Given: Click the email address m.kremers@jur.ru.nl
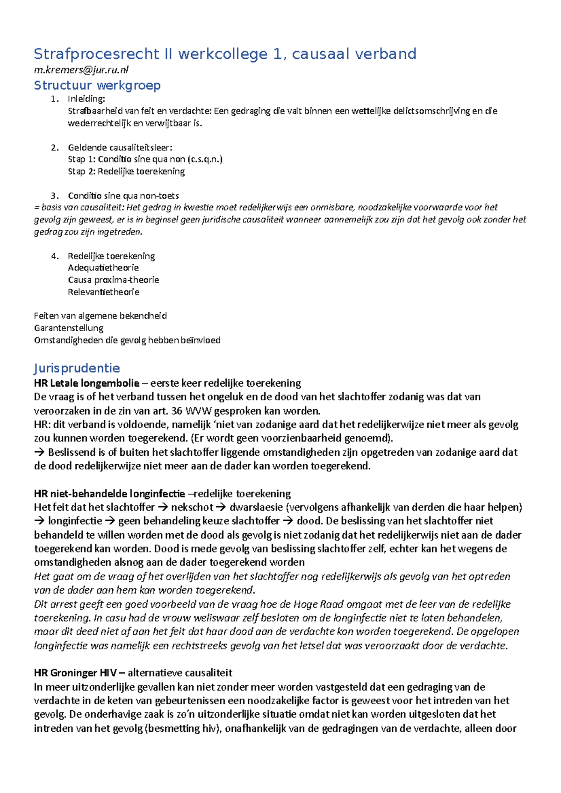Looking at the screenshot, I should click(x=81, y=70).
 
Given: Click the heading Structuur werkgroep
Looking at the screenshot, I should click(x=97, y=85).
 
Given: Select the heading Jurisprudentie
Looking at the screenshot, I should click(x=77, y=368).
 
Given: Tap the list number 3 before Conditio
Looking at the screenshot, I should click(x=54, y=196).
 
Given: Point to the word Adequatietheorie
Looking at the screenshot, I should click(x=103, y=268).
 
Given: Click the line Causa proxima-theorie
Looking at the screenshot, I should click(x=113, y=280).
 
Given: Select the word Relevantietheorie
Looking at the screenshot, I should click(x=103, y=292).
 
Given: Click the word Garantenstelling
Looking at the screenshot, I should click(x=69, y=328).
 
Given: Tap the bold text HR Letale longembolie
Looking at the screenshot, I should click(x=86, y=383).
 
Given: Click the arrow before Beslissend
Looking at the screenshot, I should click(x=39, y=452).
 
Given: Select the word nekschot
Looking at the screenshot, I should click(x=192, y=507).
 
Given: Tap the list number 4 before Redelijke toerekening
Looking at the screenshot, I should click(x=54, y=256).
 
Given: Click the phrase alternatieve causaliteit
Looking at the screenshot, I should click(x=180, y=673).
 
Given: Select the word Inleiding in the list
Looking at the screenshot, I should click(x=86, y=99).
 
